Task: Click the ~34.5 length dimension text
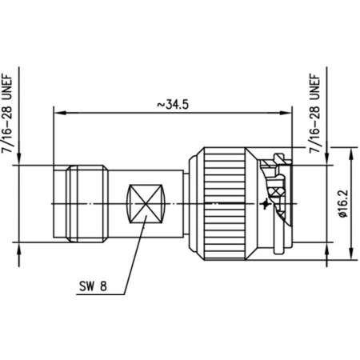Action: (x=173, y=104)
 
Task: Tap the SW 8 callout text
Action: (x=93, y=286)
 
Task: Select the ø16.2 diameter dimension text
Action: (x=343, y=203)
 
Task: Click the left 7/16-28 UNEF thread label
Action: (x=7, y=114)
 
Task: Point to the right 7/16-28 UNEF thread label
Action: (x=314, y=114)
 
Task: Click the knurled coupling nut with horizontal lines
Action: (x=224, y=203)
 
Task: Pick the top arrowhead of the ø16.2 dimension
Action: (x=351, y=154)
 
